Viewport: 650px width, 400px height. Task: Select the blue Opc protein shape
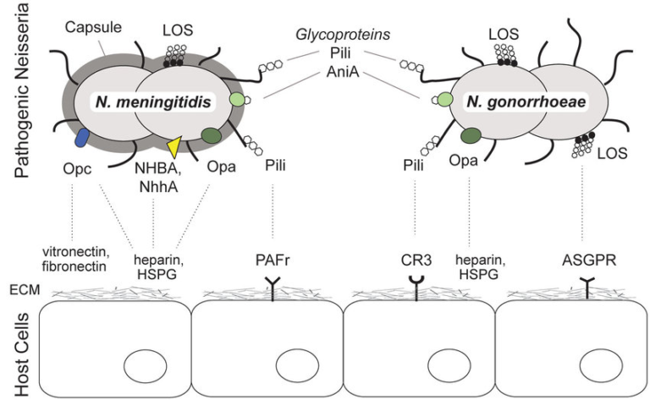tap(83, 138)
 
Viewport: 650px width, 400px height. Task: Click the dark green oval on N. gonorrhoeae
tap(471, 134)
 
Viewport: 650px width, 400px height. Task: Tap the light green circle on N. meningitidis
tap(239, 100)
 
